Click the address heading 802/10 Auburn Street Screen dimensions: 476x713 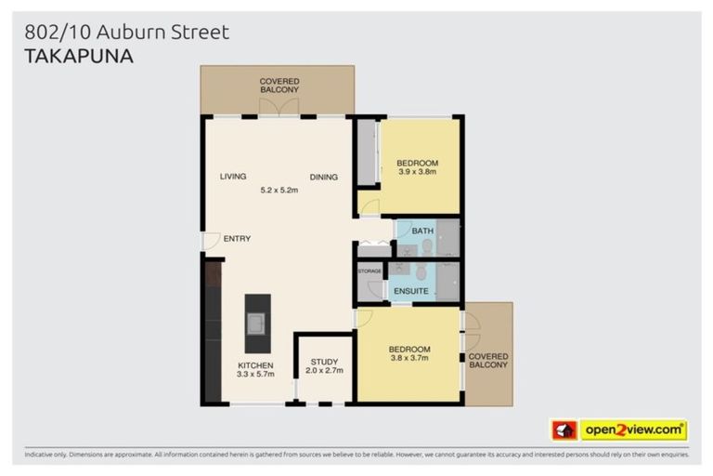(126, 33)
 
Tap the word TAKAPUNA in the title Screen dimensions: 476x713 (78, 56)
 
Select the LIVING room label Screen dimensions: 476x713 (233, 177)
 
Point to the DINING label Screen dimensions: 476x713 (324, 178)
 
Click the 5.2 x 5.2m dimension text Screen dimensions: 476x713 (279, 190)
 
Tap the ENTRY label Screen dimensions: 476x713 (237, 239)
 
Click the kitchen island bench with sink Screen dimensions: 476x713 (257, 323)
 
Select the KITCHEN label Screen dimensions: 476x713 (256, 365)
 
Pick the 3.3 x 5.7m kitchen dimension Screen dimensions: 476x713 (256, 375)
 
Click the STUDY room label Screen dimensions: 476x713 (324, 362)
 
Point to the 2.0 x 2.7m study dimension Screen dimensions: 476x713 (324, 371)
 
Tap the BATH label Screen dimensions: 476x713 (423, 230)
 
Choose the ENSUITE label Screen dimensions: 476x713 (410, 291)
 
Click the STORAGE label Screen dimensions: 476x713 (370, 271)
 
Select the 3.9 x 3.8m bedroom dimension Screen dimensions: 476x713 (417, 172)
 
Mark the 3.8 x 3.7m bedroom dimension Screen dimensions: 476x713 (409, 359)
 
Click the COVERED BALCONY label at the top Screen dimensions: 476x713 (279, 86)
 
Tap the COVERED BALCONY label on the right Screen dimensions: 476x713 (488, 361)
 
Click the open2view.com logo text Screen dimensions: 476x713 (632, 430)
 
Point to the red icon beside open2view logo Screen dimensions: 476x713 (564, 430)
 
